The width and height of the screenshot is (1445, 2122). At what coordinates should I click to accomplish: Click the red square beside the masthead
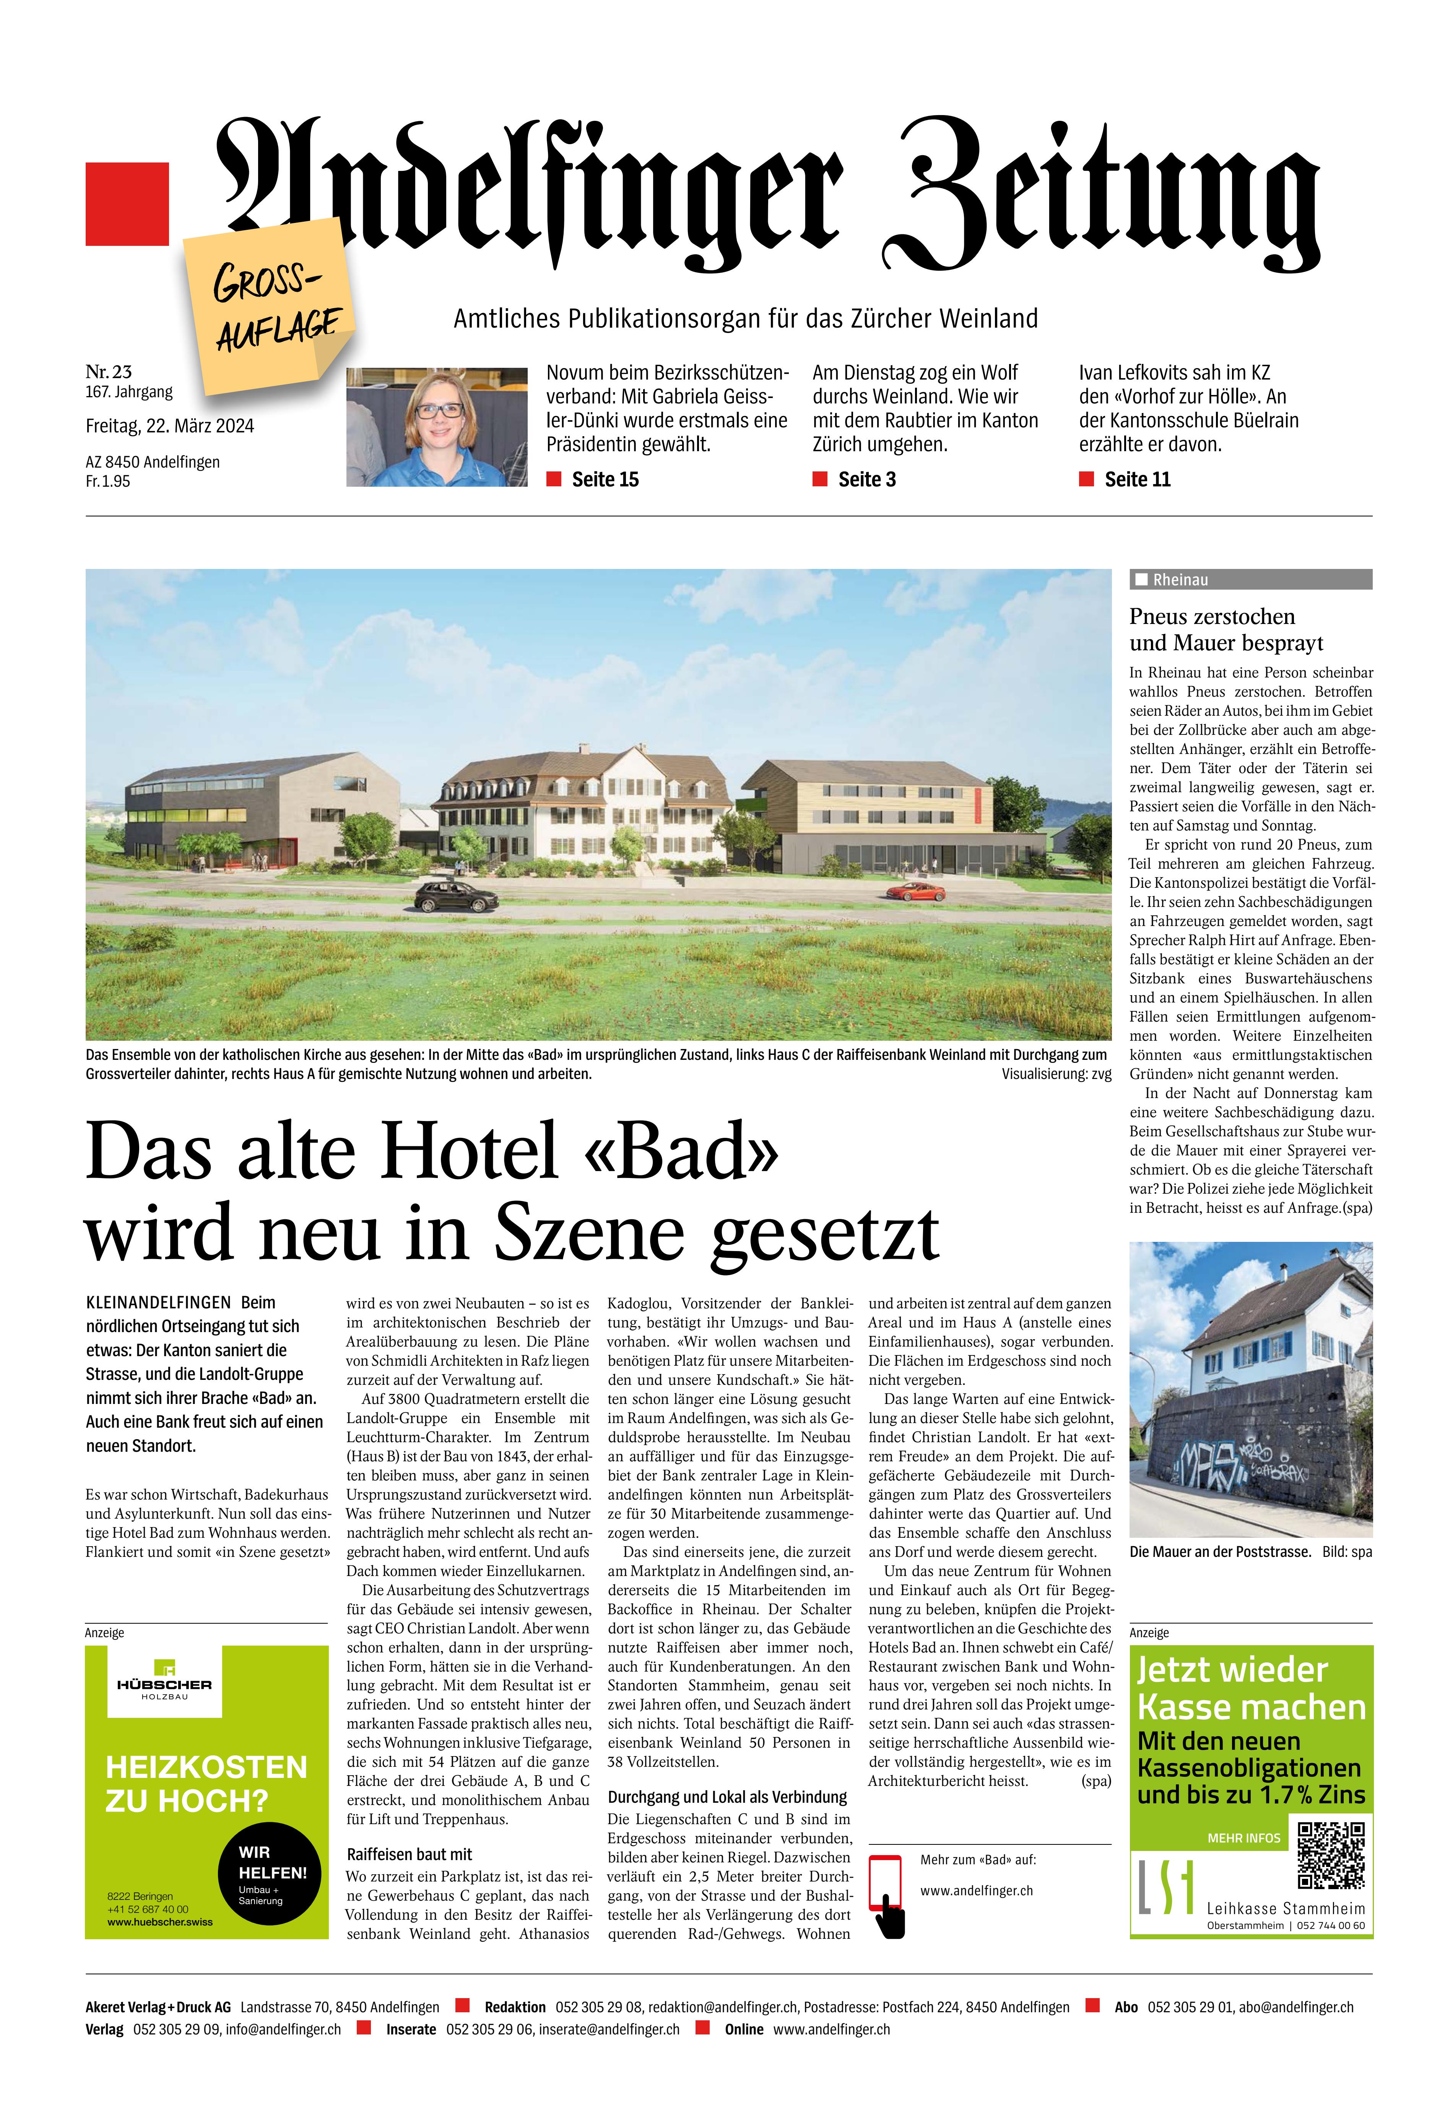click(x=127, y=204)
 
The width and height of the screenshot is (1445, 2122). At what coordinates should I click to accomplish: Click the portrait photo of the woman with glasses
click(x=437, y=426)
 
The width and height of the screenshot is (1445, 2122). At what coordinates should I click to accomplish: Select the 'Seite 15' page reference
click(x=604, y=479)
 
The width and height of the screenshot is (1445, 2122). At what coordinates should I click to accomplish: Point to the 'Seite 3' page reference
click(x=866, y=479)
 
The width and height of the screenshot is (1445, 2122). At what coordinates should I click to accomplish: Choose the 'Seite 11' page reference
click(x=1136, y=479)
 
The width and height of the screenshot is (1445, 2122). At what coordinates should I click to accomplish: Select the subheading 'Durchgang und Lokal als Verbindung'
click(x=727, y=1797)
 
